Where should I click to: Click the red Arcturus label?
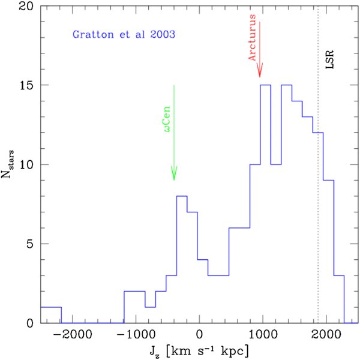[252, 37]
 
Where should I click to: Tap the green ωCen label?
[167, 119]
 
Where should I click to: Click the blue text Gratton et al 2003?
[124, 35]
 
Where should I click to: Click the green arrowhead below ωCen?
[174, 173]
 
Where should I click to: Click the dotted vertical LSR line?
[318, 165]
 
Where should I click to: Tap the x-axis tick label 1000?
[263, 335]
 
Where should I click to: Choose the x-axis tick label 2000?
[326, 335]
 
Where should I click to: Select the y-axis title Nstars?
[8, 164]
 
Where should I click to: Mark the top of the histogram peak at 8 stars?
[182, 196]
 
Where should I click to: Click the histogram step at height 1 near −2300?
[51, 307]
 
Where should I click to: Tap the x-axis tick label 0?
[200, 335]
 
